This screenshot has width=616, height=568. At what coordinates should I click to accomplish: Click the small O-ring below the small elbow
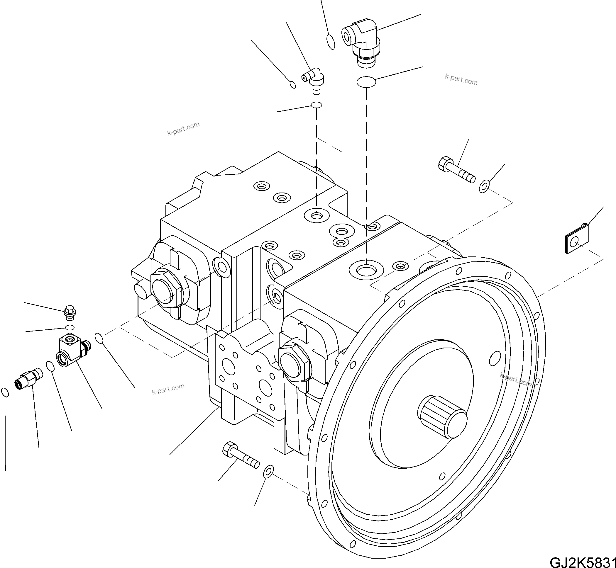[x=317, y=105]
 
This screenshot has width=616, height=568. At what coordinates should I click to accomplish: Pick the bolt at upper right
[x=456, y=170]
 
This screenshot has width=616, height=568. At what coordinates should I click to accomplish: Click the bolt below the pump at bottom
[x=240, y=457]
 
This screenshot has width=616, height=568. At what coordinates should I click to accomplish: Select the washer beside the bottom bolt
[x=268, y=471]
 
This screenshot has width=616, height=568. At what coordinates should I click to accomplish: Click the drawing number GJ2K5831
[x=583, y=561]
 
